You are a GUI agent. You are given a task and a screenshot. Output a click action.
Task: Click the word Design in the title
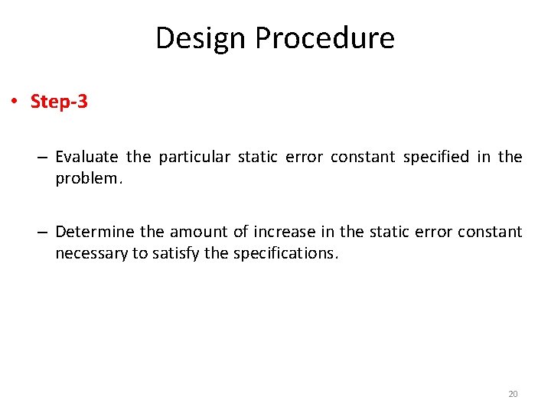pos(201,37)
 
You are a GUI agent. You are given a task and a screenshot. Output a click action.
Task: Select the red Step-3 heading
pos(59,102)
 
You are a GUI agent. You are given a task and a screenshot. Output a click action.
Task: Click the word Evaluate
pos(86,158)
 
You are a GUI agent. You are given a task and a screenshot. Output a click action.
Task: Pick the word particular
pos(194,158)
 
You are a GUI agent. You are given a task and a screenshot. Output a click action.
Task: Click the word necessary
pos(89,253)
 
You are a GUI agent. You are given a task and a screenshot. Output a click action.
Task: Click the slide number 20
pos(513,394)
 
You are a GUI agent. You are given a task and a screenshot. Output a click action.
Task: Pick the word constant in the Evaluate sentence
pos(362,158)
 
